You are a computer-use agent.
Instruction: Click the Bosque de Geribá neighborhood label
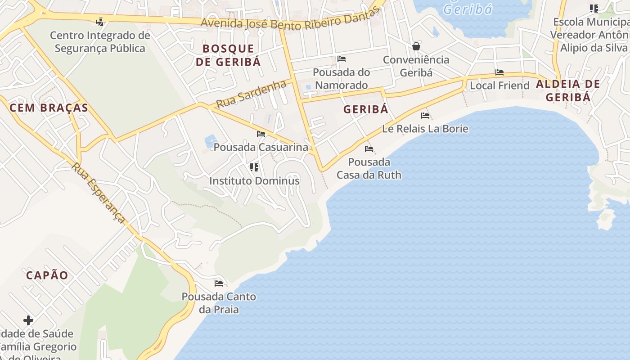(x=228, y=55)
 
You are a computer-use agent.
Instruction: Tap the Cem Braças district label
(x=49, y=108)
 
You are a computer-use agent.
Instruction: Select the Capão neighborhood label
(x=47, y=275)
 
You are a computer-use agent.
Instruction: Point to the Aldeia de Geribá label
(x=568, y=90)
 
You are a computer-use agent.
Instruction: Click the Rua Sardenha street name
(x=251, y=94)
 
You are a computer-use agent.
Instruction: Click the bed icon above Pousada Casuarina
(x=261, y=134)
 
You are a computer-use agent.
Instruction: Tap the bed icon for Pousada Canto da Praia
(x=219, y=283)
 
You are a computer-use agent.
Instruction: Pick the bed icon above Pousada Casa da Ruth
(x=369, y=149)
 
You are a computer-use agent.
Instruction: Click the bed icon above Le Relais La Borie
(x=425, y=116)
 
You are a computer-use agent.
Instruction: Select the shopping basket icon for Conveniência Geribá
(x=416, y=46)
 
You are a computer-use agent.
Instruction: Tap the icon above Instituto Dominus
(x=254, y=167)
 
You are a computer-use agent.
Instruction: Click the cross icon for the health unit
(x=28, y=320)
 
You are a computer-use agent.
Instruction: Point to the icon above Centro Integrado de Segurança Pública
(x=100, y=22)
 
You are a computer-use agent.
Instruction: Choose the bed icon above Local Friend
(x=499, y=72)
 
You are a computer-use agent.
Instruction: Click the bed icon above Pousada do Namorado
(x=342, y=59)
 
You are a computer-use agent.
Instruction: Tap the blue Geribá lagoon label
(x=468, y=9)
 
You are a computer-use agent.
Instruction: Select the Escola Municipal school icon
(x=594, y=8)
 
